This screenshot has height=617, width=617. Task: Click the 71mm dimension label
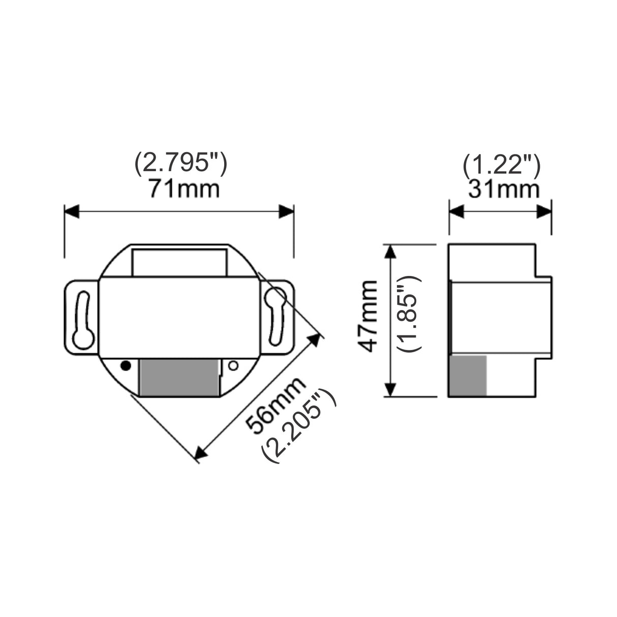(184, 190)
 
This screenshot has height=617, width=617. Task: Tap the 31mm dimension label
(504, 190)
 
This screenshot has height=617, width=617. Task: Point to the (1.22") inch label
(501, 164)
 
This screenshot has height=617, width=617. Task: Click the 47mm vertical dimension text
(367, 316)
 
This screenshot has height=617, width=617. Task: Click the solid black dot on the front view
(125, 365)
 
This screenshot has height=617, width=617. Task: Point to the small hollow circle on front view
(234, 365)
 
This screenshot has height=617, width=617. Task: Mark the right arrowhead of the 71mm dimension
(286, 211)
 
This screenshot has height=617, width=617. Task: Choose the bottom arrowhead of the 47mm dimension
(390, 389)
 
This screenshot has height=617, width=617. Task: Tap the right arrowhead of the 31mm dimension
(544, 211)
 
